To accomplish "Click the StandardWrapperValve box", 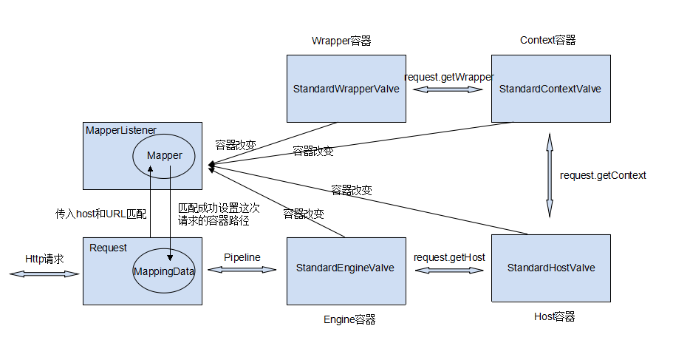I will tap(346, 89).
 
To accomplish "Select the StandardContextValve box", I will tap(550, 89).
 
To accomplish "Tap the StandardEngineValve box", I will tap(346, 268).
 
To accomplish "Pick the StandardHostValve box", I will tap(550, 268).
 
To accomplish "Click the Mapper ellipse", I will tap(164, 156).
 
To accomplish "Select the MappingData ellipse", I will tap(164, 271).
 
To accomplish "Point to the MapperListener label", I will tap(121, 130).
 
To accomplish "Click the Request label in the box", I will tap(108, 248).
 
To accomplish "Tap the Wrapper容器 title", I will tap(341, 41).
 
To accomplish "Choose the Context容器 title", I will tap(547, 40).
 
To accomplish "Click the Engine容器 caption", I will tap(349, 319).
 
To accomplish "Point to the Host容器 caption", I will tap(554, 316).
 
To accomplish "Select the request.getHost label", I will tap(449, 257).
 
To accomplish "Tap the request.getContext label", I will tap(603, 175).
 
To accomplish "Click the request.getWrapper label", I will tap(448, 77).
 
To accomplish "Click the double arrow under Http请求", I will tap(44, 274).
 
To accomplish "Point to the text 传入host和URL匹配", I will tap(101, 214).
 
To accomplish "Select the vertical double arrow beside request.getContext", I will tap(549, 175).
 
